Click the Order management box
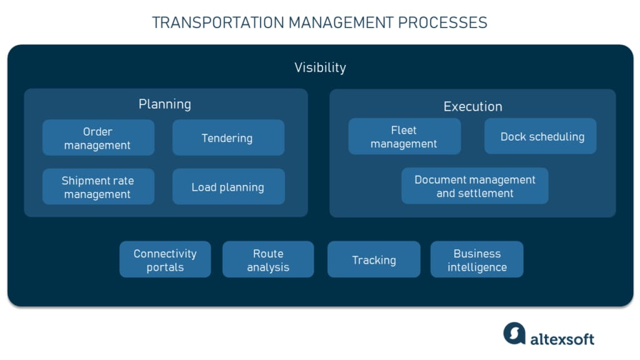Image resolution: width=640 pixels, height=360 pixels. (x=98, y=138)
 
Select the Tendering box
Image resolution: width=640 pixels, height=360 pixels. (x=228, y=138)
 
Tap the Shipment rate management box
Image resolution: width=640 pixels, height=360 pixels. (x=98, y=187)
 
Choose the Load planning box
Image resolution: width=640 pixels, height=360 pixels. (x=228, y=187)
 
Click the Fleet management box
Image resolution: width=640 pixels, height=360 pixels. (x=404, y=137)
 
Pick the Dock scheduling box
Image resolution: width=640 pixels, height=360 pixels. (x=541, y=137)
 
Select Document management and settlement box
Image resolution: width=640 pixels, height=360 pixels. (x=474, y=186)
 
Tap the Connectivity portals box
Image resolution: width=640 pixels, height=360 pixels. (x=165, y=260)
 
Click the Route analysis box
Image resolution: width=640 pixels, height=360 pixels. (x=268, y=260)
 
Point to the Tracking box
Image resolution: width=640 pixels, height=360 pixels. (x=374, y=260)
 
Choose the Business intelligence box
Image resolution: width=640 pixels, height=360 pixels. (x=477, y=260)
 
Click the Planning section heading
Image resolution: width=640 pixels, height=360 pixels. (x=165, y=104)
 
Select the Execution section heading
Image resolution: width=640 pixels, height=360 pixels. (x=472, y=106)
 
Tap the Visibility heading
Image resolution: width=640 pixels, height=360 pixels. (x=320, y=67)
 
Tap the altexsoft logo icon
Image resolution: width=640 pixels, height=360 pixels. (x=514, y=333)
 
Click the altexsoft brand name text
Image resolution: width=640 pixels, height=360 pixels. (x=562, y=339)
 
